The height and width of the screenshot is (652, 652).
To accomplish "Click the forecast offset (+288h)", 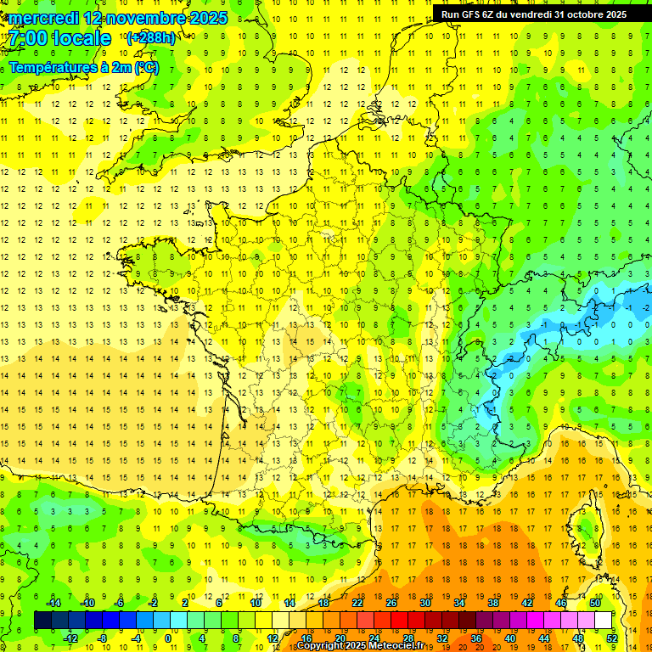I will click(151, 38).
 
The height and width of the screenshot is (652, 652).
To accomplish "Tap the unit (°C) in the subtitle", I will click(146, 67).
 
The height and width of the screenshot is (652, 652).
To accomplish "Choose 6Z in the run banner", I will click(492, 14).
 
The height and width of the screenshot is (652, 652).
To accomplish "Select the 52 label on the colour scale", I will click(612, 638).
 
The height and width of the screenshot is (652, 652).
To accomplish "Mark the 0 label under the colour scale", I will click(167, 638).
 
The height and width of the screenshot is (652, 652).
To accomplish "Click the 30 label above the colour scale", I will click(425, 603).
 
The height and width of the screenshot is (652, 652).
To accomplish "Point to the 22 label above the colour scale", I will click(357, 603).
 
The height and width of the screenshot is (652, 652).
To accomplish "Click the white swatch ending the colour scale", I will click(604, 621).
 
